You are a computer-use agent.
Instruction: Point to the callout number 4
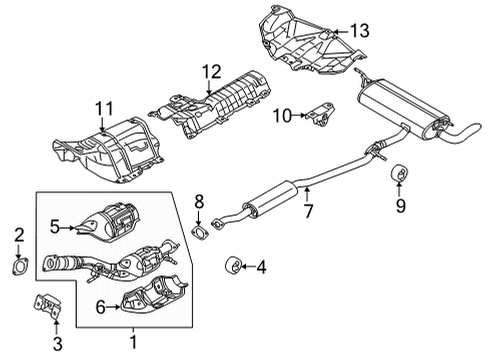click(x=261, y=266)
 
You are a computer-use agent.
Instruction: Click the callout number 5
click(x=57, y=227)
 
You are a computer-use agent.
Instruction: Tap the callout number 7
click(x=308, y=211)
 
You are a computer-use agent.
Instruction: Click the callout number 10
click(x=285, y=116)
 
